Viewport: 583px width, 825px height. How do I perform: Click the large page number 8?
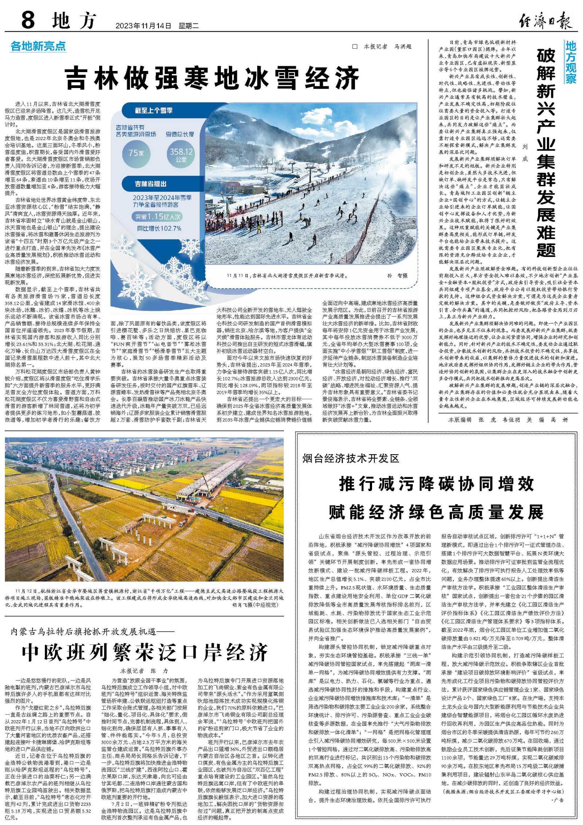pos(28,20)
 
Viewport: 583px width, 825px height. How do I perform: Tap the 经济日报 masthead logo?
pos(545,20)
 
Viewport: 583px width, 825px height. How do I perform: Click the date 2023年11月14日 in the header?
pos(143,26)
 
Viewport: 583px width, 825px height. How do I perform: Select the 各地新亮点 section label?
pos(38,46)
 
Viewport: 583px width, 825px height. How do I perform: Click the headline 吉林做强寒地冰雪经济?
pos(212,78)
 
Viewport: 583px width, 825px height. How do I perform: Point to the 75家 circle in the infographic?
pos(136,152)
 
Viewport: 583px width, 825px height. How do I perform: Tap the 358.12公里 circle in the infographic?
pos(181,154)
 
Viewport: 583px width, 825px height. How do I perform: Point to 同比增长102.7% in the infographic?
pos(159,229)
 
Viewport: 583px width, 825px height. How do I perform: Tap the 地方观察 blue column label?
pos(571,62)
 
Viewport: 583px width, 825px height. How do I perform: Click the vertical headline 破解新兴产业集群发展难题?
pos(545,153)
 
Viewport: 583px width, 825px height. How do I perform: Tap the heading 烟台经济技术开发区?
pos(351,458)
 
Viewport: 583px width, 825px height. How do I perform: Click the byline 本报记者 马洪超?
pos(382,47)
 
